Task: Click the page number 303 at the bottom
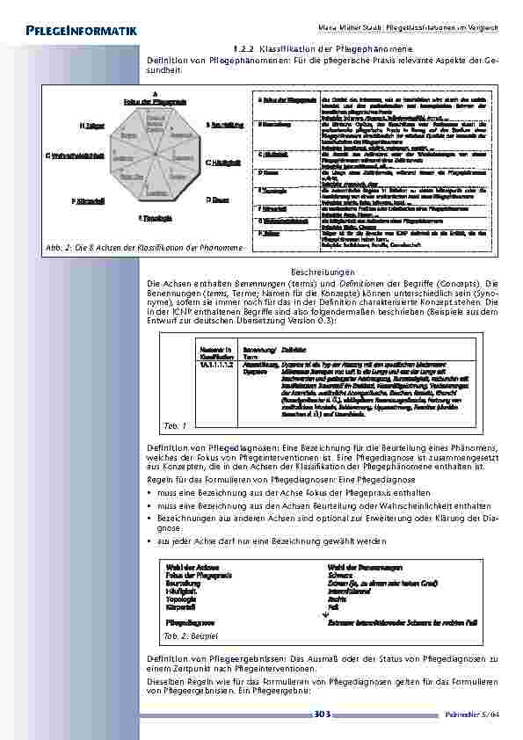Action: [x=322, y=715]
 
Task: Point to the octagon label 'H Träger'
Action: [x=92, y=126]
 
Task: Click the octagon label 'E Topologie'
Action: [x=154, y=216]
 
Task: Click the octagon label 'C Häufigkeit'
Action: [x=223, y=163]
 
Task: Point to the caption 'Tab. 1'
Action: [x=176, y=425]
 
